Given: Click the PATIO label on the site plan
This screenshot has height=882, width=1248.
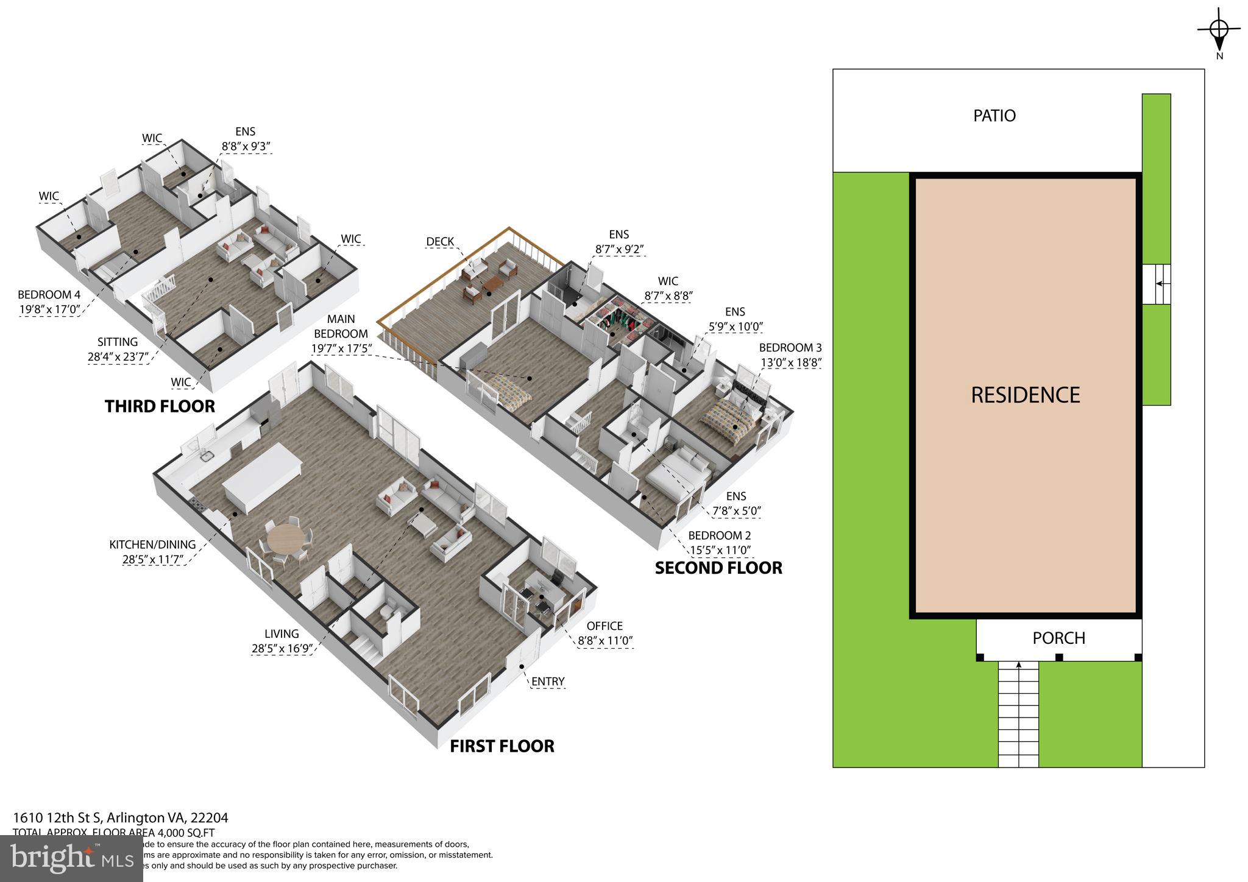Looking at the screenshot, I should [994, 116].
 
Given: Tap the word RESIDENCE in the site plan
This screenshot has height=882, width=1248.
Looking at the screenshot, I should [1025, 395].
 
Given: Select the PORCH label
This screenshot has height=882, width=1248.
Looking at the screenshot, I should [1058, 638].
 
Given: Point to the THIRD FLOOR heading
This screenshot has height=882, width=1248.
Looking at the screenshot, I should [160, 406].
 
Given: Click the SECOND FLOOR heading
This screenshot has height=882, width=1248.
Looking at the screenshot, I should [718, 568].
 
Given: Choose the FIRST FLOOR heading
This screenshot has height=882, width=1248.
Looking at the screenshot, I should [502, 746].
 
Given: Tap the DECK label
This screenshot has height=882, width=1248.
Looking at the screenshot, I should [440, 241].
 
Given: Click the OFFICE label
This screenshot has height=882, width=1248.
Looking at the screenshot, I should [604, 626].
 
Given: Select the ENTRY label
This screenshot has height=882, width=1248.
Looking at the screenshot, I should [548, 681].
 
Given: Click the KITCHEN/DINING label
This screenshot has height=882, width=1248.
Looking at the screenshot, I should [152, 545].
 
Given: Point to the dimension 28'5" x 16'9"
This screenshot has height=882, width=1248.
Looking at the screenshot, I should [282, 648].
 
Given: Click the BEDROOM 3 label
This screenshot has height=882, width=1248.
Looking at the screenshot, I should [790, 348].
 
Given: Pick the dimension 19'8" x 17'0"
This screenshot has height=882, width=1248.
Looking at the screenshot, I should [49, 309].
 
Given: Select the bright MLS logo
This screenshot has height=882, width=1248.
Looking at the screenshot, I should [72, 858].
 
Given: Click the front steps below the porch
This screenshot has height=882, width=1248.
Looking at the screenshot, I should [1018, 713].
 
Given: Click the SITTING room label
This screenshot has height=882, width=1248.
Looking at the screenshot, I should [118, 342].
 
